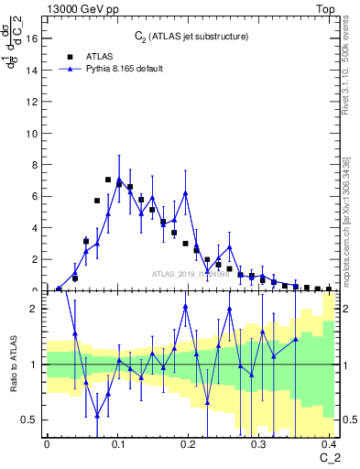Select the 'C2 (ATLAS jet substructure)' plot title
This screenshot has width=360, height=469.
tap(191, 36)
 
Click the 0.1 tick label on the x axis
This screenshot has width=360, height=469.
tap(117, 443)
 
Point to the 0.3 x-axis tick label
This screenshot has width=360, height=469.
tap(259, 443)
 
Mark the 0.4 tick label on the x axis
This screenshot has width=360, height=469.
tap(330, 443)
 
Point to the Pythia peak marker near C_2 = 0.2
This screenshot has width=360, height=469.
tap(185, 193)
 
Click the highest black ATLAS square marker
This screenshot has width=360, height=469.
tap(108, 180)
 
